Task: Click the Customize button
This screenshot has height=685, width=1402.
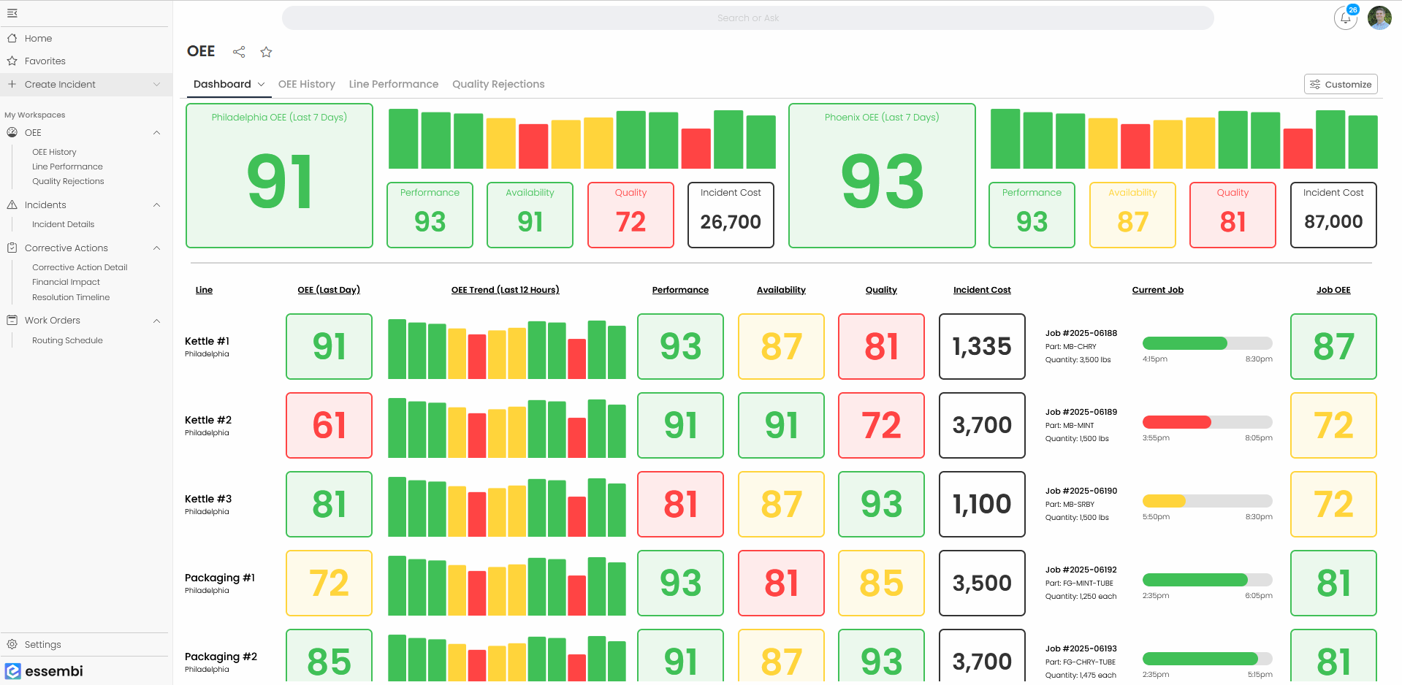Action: [x=1341, y=84]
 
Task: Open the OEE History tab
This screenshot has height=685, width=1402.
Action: [x=306, y=84]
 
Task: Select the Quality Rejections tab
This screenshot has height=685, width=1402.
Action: [x=498, y=84]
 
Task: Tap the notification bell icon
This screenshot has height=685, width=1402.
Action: [x=1345, y=18]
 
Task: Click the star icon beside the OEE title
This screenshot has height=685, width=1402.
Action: [x=266, y=52]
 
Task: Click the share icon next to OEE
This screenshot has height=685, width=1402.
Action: [x=239, y=52]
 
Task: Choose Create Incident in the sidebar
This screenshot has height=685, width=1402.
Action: [x=60, y=85]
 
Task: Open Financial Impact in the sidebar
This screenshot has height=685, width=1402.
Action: [x=66, y=282]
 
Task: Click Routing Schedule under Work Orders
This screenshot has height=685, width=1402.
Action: [x=67, y=340]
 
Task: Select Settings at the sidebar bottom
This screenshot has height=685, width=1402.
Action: [x=42, y=644]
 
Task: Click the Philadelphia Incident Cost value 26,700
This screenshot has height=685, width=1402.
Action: [x=731, y=222]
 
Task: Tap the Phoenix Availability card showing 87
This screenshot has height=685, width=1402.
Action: [x=1132, y=215]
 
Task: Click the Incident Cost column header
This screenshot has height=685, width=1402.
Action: [x=982, y=290]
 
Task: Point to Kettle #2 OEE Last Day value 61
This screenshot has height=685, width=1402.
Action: [x=329, y=426]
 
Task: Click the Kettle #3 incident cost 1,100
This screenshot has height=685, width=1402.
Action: [x=982, y=504]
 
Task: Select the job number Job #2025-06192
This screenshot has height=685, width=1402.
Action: [x=1081, y=570]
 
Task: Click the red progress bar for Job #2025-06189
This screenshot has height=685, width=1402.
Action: [x=1176, y=422]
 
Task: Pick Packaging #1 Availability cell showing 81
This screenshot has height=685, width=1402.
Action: [x=781, y=583]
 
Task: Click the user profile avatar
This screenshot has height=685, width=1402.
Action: [x=1379, y=18]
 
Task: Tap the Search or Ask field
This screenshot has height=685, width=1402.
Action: [x=747, y=18]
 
